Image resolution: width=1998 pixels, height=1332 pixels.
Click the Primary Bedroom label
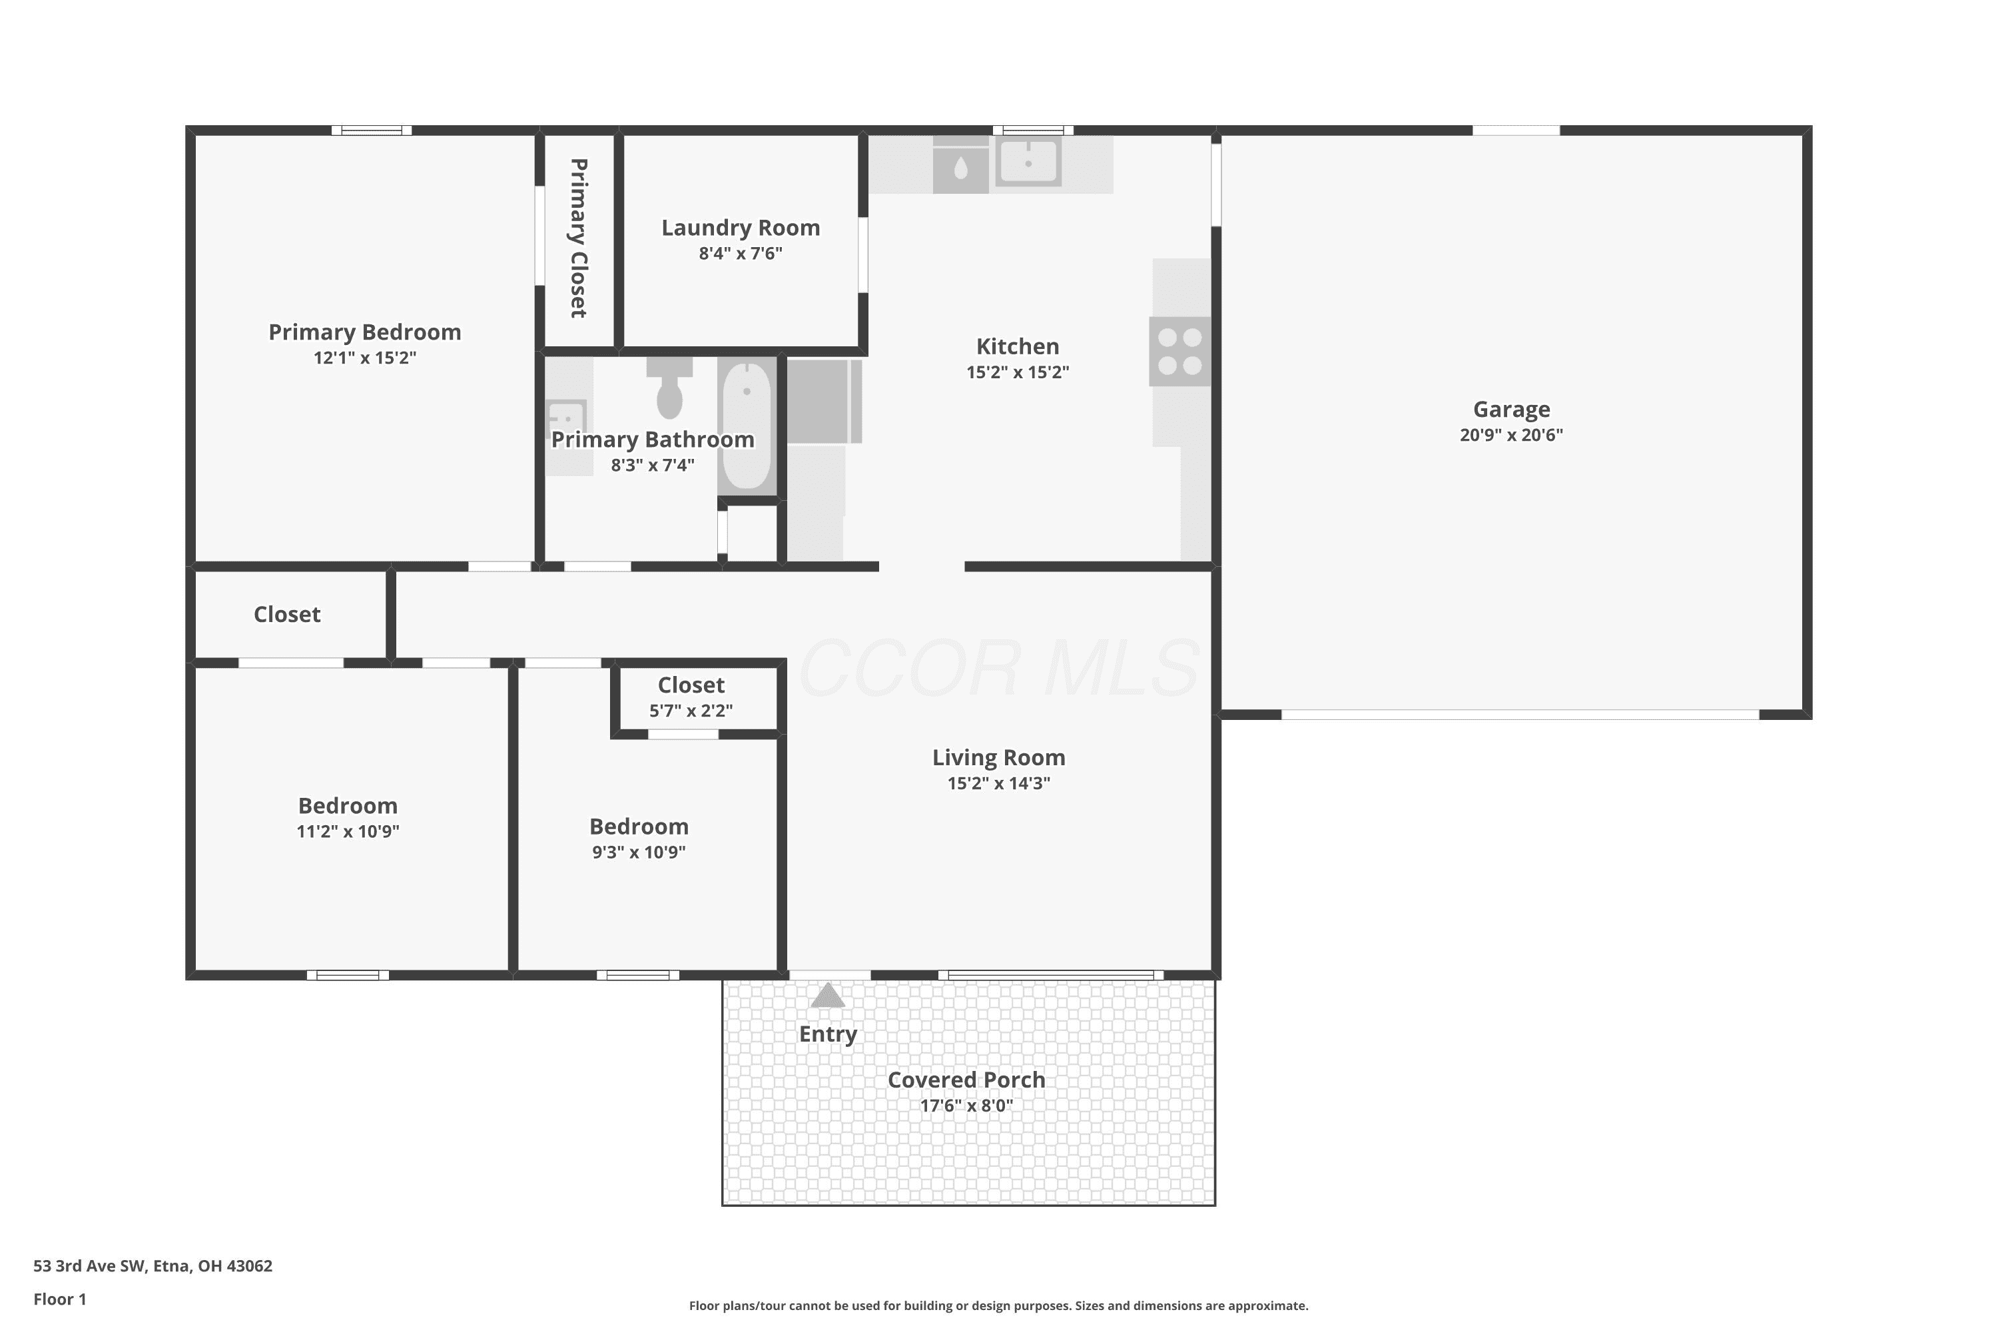click(x=364, y=332)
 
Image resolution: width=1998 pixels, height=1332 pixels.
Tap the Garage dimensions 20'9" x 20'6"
click(x=1511, y=435)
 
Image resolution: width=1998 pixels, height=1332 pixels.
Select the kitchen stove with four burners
click(x=1180, y=352)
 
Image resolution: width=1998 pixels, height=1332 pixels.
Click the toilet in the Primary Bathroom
click(x=669, y=388)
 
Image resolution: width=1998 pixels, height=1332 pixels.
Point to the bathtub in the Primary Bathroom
click(x=747, y=426)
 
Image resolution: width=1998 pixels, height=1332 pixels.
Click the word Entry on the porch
click(x=829, y=1034)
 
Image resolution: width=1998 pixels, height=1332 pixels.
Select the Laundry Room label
click(x=741, y=228)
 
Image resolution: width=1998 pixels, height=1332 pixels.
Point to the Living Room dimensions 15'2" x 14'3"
click(x=999, y=783)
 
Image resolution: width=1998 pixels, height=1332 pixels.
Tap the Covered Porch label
click(x=967, y=1080)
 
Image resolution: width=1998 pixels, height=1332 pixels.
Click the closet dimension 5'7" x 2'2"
click(x=691, y=711)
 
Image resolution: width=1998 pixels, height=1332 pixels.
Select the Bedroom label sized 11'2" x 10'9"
click(x=348, y=806)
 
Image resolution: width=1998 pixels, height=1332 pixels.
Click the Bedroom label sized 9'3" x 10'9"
click(x=639, y=827)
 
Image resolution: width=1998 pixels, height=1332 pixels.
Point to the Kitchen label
click(x=1018, y=346)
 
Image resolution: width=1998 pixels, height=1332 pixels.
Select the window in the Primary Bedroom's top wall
click(x=371, y=130)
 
